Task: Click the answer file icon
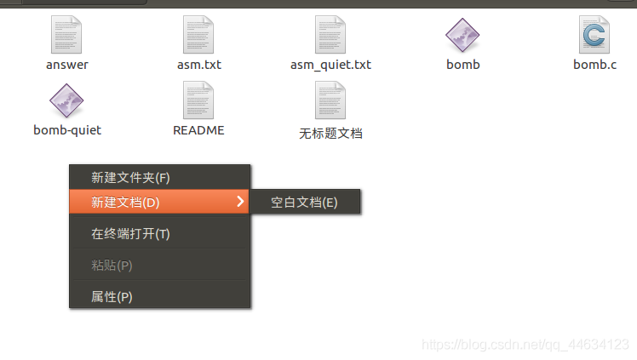(x=66, y=35)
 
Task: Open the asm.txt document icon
(x=198, y=35)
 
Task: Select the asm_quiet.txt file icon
(x=330, y=35)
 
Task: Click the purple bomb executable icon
(x=462, y=35)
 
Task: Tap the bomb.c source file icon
(x=594, y=35)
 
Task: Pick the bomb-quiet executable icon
(x=66, y=100)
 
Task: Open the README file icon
(x=198, y=100)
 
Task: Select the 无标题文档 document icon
(x=330, y=100)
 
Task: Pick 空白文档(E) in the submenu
(x=305, y=202)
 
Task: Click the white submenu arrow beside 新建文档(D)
(x=240, y=202)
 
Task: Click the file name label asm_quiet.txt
(x=330, y=65)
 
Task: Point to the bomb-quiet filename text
(x=67, y=130)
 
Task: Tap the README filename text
(x=198, y=130)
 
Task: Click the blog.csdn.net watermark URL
(x=525, y=345)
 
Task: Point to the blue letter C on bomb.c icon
(x=594, y=35)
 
